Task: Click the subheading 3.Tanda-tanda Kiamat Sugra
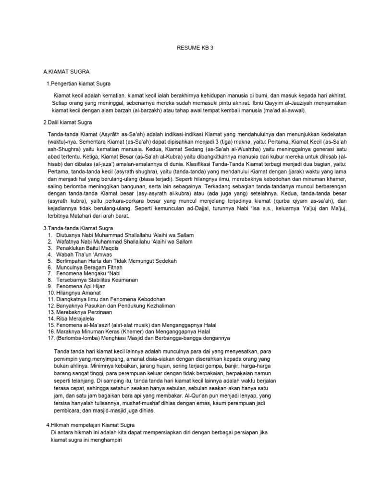pos(78,227)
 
